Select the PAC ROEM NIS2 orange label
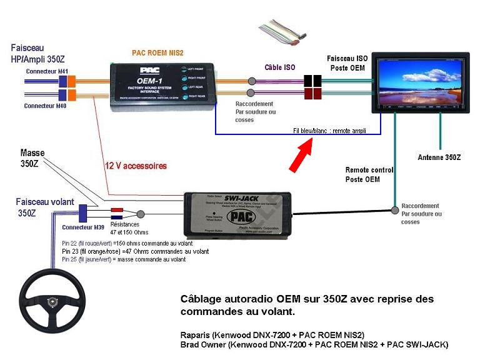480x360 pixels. coord(157,53)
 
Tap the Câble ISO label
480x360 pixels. coord(280,67)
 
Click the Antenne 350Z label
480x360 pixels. coord(439,157)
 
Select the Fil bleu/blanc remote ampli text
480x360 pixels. coord(329,131)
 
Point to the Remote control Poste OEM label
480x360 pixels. coord(369,174)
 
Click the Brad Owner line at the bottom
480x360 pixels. coord(314,344)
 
